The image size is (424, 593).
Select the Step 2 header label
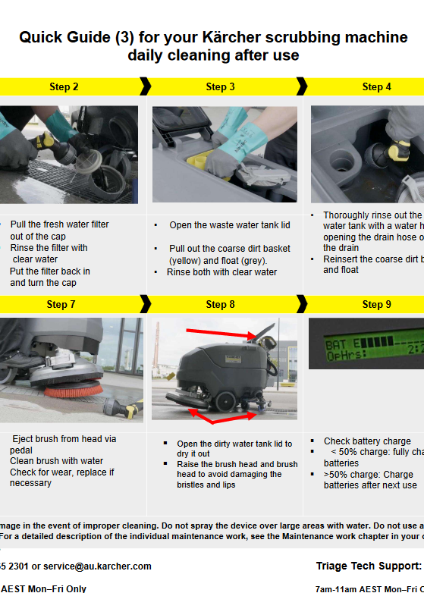click(64, 86)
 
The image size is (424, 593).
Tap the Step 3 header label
click(221, 86)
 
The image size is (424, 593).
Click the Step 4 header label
click(377, 86)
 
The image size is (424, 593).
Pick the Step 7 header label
click(61, 304)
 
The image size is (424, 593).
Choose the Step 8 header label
click(221, 304)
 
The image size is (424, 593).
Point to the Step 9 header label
click(377, 304)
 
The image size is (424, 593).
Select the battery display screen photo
click(366, 344)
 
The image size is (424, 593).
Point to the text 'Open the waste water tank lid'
click(230, 225)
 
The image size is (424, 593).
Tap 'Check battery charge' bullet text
click(367, 441)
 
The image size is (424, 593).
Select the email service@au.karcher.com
click(97, 566)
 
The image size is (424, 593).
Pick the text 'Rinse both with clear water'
click(222, 272)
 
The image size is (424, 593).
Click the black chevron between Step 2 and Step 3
click(145, 86)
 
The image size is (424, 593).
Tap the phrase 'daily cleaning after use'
click(213, 55)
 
